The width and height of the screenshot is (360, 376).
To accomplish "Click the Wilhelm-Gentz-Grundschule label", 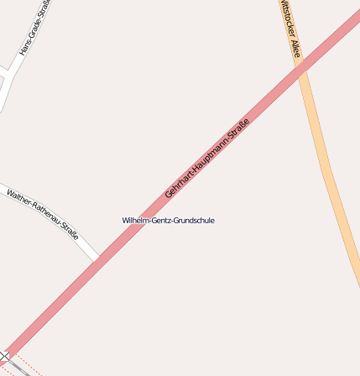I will (x=168, y=220).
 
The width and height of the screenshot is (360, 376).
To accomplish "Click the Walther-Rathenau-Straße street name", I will (x=43, y=214).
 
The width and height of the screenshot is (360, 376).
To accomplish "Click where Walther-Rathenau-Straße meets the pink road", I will (x=98, y=258).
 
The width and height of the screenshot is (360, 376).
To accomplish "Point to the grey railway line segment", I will (x=18, y=366).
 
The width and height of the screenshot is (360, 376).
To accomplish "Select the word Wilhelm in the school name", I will (x=134, y=220).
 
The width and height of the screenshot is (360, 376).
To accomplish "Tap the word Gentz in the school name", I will (x=159, y=220).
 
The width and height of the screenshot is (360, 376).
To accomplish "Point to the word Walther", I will (x=18, y=198).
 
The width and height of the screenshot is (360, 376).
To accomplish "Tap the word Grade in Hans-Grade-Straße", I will (x=34, y=31).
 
